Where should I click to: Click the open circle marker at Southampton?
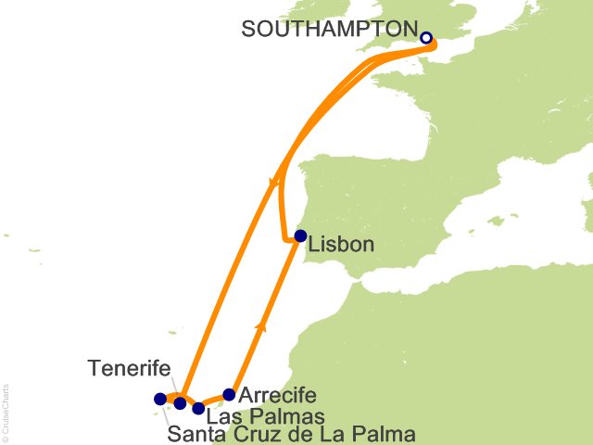pos(426,39)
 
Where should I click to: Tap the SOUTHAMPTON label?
pos(324,29)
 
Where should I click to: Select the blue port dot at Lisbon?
pos(300,235)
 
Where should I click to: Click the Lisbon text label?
pos(341,246)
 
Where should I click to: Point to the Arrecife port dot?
pos(230,394)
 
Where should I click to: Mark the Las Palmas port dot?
pos(198,408)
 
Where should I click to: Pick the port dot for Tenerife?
pos(180,403)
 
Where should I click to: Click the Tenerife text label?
pos(129,369)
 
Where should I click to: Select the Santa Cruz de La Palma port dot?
pos(159,400)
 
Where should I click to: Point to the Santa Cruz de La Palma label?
pos(292,434)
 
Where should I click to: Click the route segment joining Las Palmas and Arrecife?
pos(214,400)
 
